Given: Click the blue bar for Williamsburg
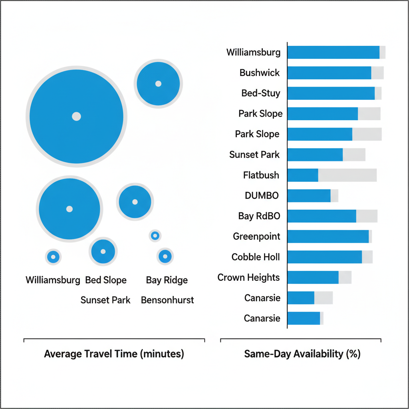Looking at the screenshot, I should [x=333, y=52].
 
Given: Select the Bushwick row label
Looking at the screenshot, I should [x=260, y=73].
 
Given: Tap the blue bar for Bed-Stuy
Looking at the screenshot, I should [x=331, y=93].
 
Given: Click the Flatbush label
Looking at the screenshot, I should [x=261, y=175].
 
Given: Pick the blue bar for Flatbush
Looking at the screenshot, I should [x=303, y=175].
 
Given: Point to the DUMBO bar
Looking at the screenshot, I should [x=309, y=196].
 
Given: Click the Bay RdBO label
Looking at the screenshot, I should [x=259, y=216].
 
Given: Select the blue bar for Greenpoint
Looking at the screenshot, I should [x=328, y=236].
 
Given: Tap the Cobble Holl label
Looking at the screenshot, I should [x=256, y=257].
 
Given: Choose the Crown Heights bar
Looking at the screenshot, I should [x=313, y=278].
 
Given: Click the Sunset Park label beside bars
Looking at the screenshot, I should [x=254, y=155].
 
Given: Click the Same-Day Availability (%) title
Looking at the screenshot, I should [x=302, y=354].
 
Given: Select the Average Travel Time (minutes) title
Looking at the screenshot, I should [x=114, y=354].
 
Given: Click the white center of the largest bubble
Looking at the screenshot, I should [x=76, y=116].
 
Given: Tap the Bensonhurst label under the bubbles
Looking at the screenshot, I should [x=167, y=300].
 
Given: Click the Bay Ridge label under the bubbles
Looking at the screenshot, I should [x=167, y=280].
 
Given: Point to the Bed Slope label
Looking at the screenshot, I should [x=106, y=280].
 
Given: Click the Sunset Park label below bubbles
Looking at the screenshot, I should [x=105, y=300].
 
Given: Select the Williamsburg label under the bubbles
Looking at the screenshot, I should [x=53, y=280].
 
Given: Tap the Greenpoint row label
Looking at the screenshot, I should [x=256, y=237].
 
